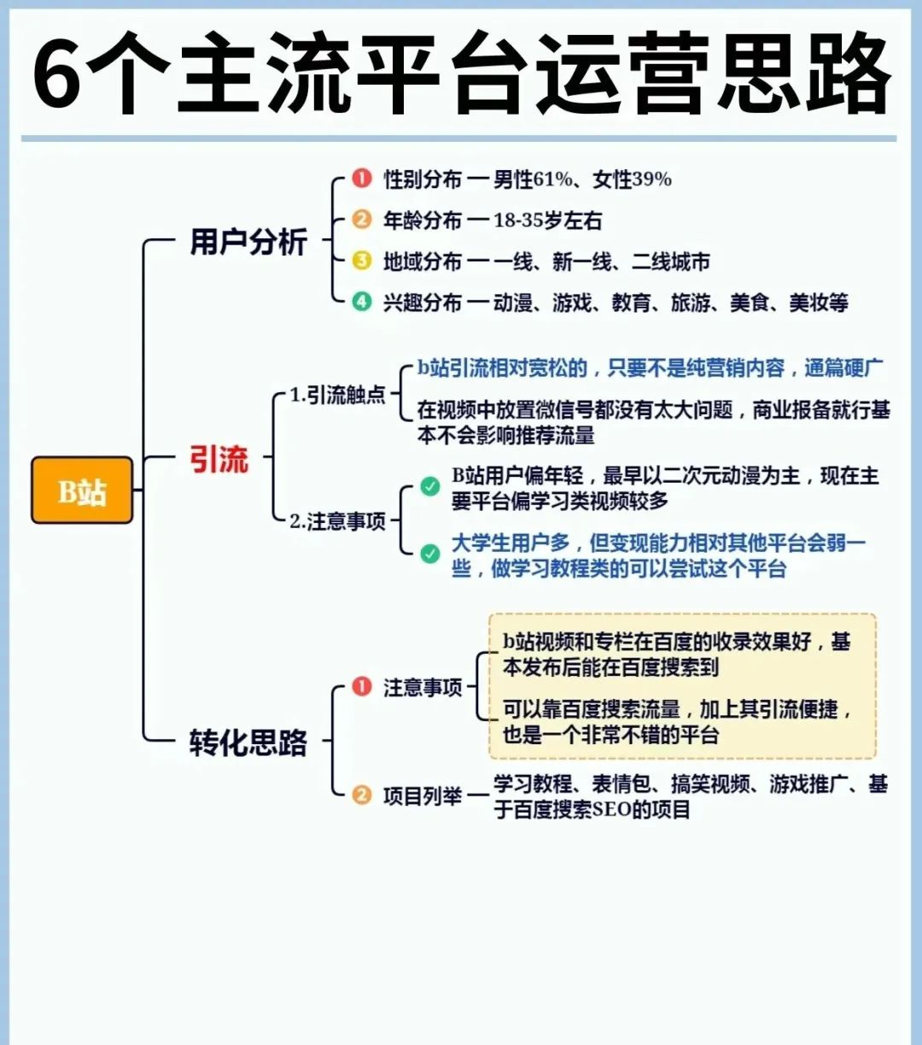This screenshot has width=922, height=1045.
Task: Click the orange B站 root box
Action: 82,490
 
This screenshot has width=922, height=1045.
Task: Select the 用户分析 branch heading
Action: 249,241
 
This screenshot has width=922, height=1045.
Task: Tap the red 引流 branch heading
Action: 219,459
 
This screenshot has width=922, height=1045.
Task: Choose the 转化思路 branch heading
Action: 248,743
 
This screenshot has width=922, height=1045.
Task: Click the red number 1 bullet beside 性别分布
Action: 362,179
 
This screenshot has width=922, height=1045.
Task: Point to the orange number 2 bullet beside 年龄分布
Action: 362,220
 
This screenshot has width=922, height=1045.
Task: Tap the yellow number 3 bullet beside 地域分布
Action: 362,261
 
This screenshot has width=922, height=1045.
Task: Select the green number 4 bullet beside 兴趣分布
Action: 362,302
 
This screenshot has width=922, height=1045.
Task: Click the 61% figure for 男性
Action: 553,179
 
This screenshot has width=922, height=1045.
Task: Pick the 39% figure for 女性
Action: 652,179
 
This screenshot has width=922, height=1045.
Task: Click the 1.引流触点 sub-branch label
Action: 337,395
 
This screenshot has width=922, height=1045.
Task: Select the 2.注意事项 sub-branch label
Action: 337,522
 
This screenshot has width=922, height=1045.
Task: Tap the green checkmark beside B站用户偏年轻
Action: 429,486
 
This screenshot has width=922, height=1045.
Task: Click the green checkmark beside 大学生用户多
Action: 429,554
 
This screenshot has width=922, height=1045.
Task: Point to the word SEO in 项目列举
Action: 612,810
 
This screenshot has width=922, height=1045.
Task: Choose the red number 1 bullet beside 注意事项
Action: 362,686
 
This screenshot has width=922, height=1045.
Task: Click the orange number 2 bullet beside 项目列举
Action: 362,795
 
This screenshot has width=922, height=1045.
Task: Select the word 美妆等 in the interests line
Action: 819,302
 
